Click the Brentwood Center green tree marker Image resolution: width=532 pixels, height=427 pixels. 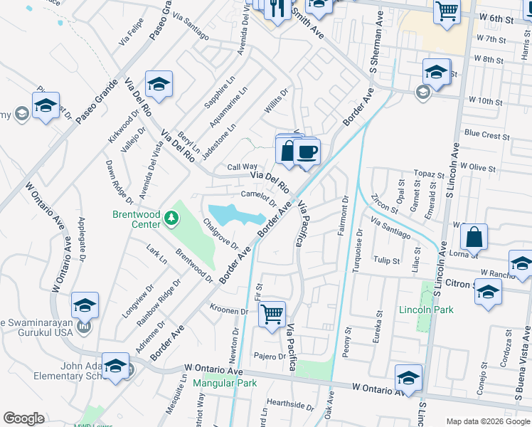pos(171,217)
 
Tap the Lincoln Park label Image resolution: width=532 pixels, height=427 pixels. pos(426,310)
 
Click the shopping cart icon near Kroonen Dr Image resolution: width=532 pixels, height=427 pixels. pos(272,312)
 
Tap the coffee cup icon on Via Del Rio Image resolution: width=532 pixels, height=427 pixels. pos(307,152)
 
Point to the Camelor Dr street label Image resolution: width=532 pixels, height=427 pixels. pos(257,196)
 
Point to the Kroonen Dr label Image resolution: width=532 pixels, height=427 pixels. pos(228,310)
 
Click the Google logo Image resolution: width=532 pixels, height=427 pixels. pos(24,418)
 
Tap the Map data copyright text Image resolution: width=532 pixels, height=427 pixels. pos(487,421)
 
